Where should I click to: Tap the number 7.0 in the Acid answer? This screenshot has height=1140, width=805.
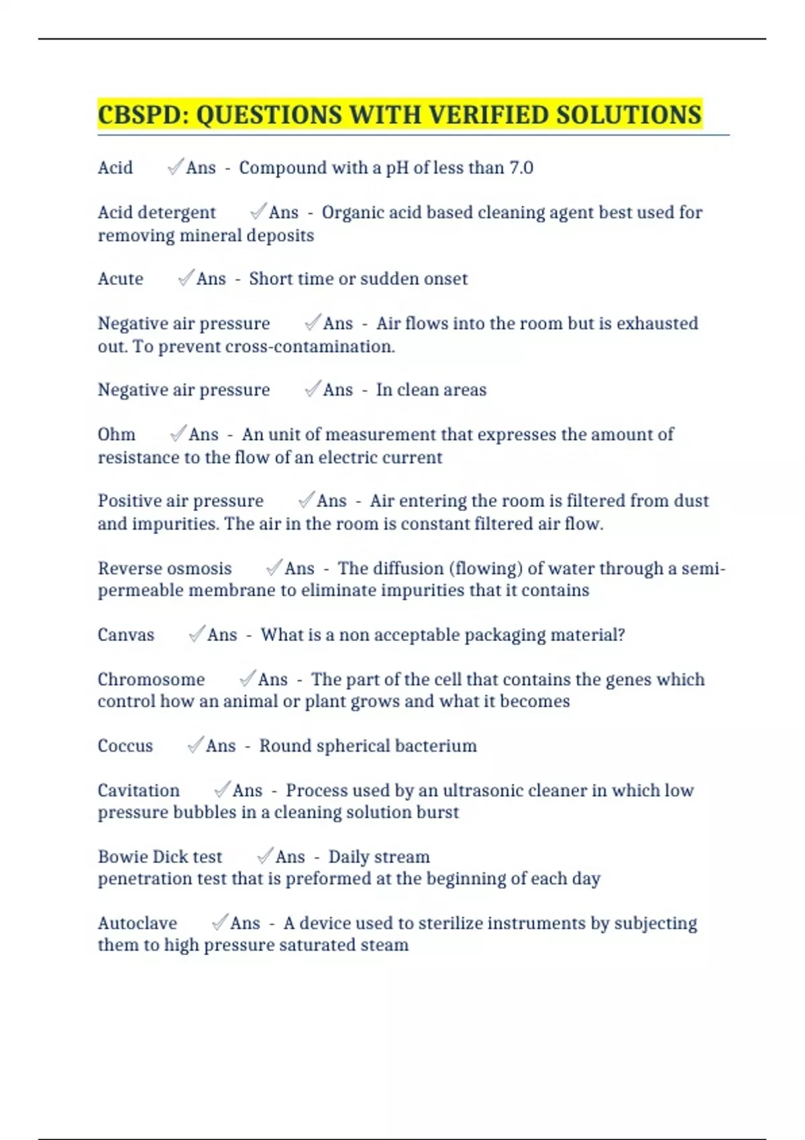click(521, 168)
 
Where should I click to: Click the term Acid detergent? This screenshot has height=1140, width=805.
click(156, 213)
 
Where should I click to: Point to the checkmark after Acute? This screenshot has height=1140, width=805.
click(185, 278)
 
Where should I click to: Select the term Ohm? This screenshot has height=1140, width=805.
click(116, 435)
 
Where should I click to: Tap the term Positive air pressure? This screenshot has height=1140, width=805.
click(180, 501)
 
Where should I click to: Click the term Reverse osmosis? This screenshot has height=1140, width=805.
click(164, 569)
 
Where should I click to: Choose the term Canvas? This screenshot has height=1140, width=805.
click(125, 635)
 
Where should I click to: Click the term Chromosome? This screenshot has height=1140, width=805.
click(151, 679)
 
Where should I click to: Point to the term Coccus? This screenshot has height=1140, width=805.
click(125, 746)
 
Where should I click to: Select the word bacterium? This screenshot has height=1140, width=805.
click(435, 746)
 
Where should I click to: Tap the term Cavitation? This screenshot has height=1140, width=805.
click(138, 791)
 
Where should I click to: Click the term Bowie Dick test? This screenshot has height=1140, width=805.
click(160, 857)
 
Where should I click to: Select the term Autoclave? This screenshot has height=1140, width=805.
click(137, 923)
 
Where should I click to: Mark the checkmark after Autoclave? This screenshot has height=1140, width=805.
click(219, 923)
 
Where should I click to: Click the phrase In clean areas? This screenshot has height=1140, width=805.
click(431, 390)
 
